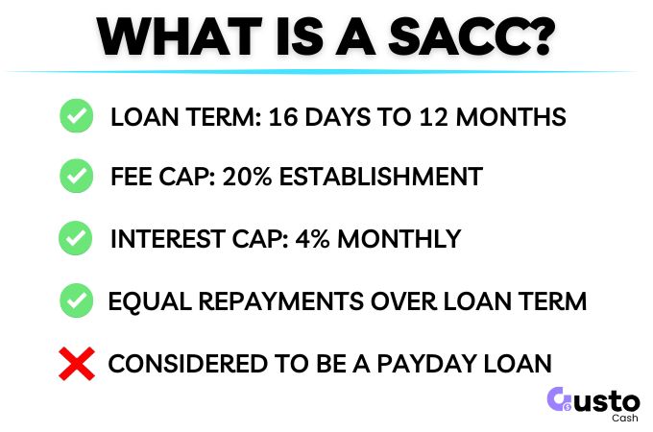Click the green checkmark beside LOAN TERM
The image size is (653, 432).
[76, 116]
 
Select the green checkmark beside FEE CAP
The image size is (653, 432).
[76, 177]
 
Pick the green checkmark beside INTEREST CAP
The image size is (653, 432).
[76, 237]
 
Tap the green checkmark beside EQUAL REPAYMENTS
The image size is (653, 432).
[76, 300]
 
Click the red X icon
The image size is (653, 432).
[76, 363]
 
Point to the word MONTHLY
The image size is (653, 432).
[404, 238]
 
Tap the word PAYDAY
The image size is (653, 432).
[431, 364]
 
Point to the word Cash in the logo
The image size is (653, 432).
[624, 418]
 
